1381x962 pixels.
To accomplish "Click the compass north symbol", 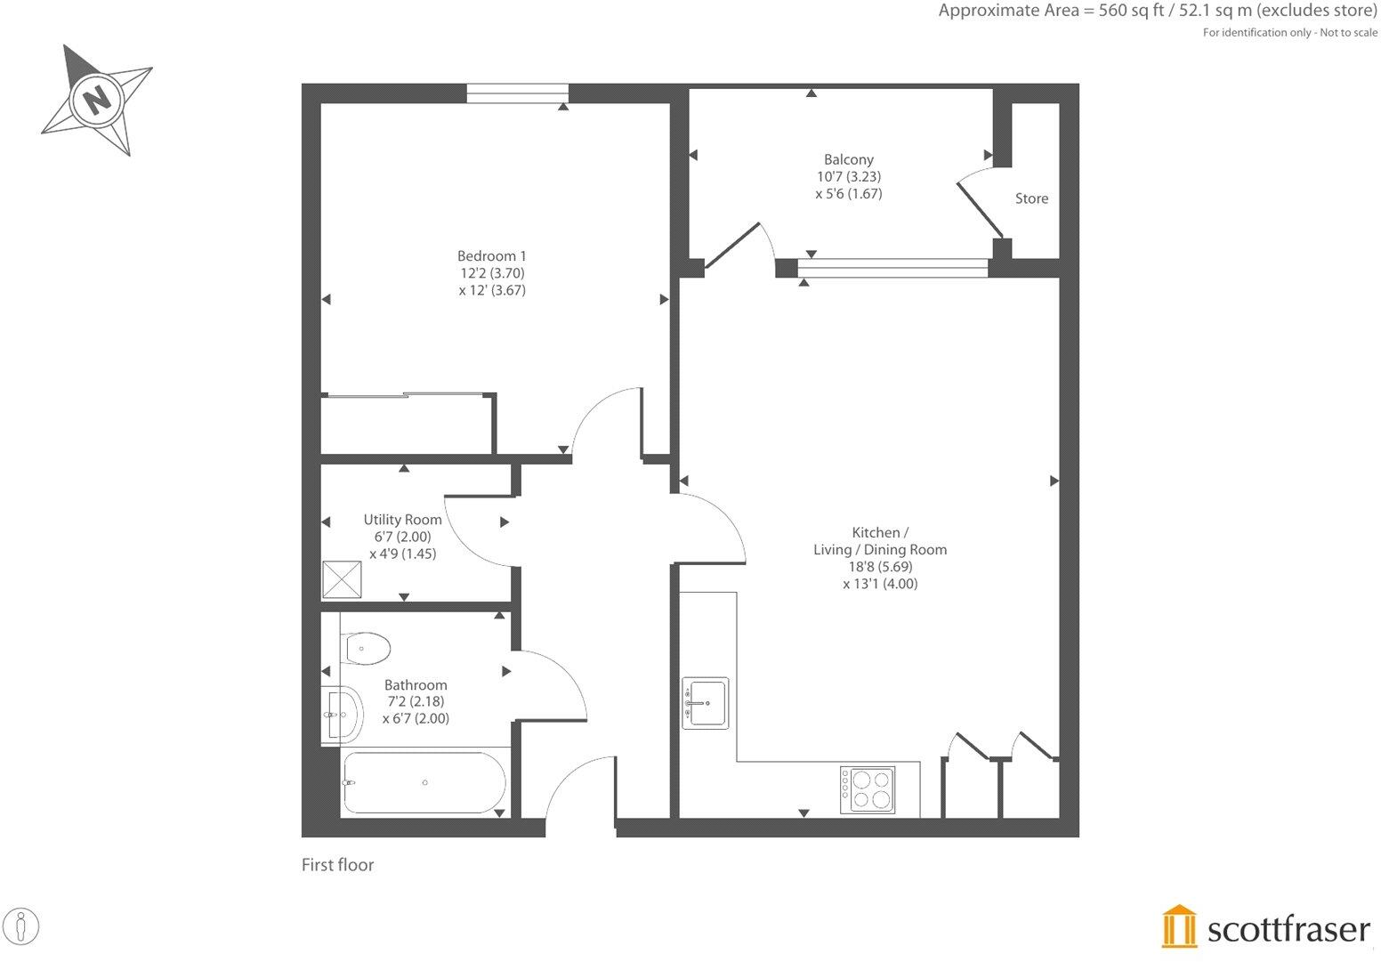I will [x=96, y=97].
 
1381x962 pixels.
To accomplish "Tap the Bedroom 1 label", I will [x=491, y=256].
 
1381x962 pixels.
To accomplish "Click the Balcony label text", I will [x=848, y=160].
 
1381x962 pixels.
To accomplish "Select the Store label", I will [x=1031, y=198].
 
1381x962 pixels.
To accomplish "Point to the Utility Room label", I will [x=402, y=520].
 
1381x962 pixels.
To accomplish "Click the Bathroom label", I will [x=416, y=685].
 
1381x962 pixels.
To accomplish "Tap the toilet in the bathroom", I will [x=366, y=648].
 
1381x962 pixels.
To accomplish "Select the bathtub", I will [x=424, y=783].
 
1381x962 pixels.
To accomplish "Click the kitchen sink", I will [x=705, y=703].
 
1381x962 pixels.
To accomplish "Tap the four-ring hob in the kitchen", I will [x=867, y=788].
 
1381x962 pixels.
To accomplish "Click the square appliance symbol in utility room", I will [x=343, y=578].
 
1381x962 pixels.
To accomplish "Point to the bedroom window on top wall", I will [x=517, y=93].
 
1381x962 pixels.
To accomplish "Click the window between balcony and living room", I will [x=892, y=268].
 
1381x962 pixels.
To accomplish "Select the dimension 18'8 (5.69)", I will [x=880, y=567].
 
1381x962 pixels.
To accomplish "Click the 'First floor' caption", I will [x=337, y=865].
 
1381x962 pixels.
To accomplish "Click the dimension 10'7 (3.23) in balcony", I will [x=848, y=177].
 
